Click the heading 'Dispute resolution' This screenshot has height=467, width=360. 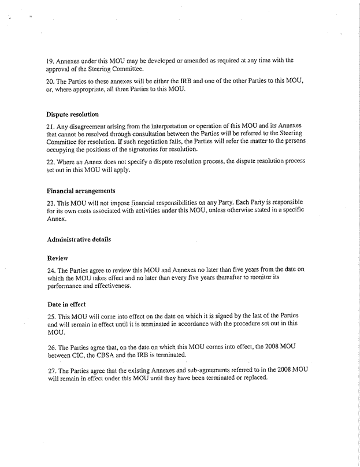[x=72, y=114]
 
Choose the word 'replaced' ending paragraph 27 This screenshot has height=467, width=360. [x=252, y=377]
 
